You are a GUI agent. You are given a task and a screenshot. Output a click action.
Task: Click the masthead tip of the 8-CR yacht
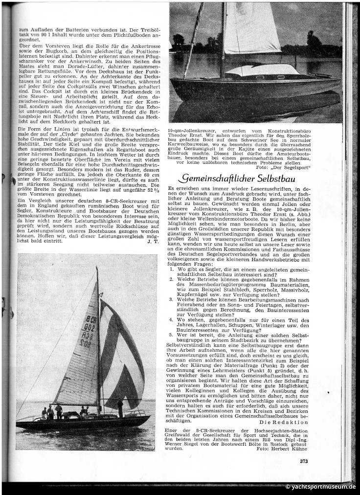tap(96, 269)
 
